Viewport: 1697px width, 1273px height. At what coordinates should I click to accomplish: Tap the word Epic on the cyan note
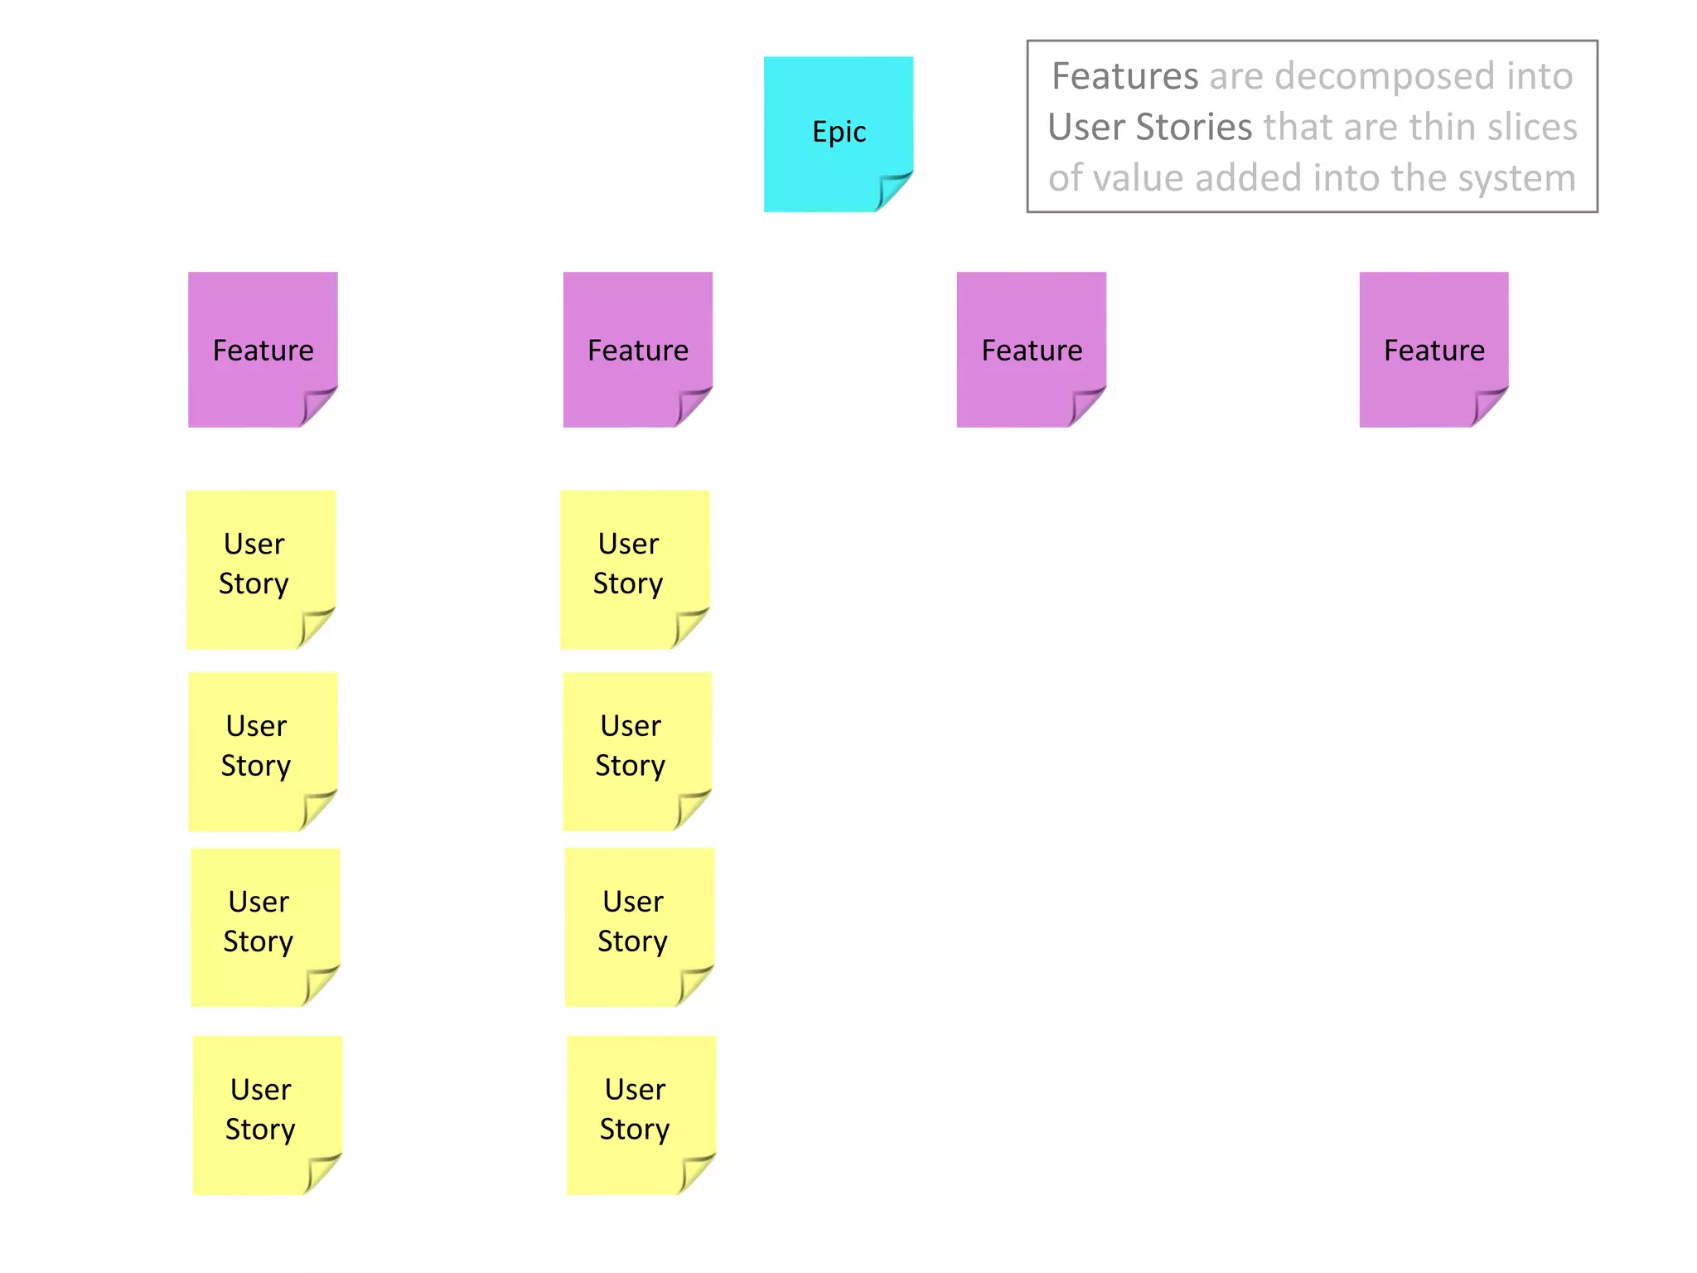coord(839,133)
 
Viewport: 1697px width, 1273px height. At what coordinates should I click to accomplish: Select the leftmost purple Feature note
coord(262,349)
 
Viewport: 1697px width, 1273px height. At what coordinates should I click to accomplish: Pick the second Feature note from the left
coord(637,349)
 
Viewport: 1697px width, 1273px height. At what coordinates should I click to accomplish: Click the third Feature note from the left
coord(1031,349)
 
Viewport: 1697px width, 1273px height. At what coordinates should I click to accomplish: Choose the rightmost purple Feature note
coord(1434,349)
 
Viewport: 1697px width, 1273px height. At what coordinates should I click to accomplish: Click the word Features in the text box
coord(1124,76)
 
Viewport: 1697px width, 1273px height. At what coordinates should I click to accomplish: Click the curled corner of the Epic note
coord(893,191)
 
